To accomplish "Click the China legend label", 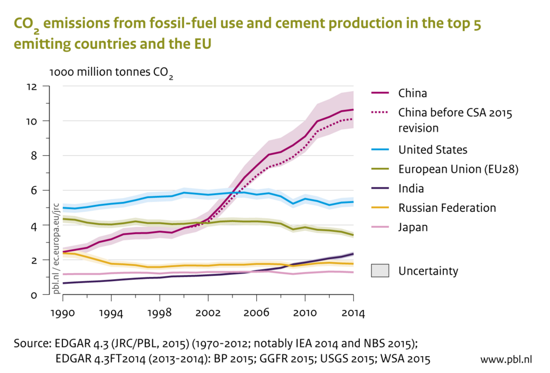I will pyautogui.click(x=412, y=93).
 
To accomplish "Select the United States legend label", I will pyautogui.click(x=432, y=149).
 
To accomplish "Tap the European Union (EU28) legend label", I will pyautogui.click(x=458, y=169).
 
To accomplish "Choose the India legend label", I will pyautogui.click(x=411, y=188).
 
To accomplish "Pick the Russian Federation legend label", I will pyautogui.click(x=447, y=207).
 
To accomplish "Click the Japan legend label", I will pyautogui.click(x=413, y=227).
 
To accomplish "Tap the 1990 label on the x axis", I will pyautogui.click(x=63, y=314).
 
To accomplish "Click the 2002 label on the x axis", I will pyautogui.click(x=208, y=314).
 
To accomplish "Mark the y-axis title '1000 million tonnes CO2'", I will pyautogui.click(x=111, y=73).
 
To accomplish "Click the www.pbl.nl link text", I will pyautogui.click(x=506, y=359).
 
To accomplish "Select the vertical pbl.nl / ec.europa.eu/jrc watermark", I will pyautogui.click(x=56, y=249).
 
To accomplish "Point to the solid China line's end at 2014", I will pyautogui.click(x=353, y=110).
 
